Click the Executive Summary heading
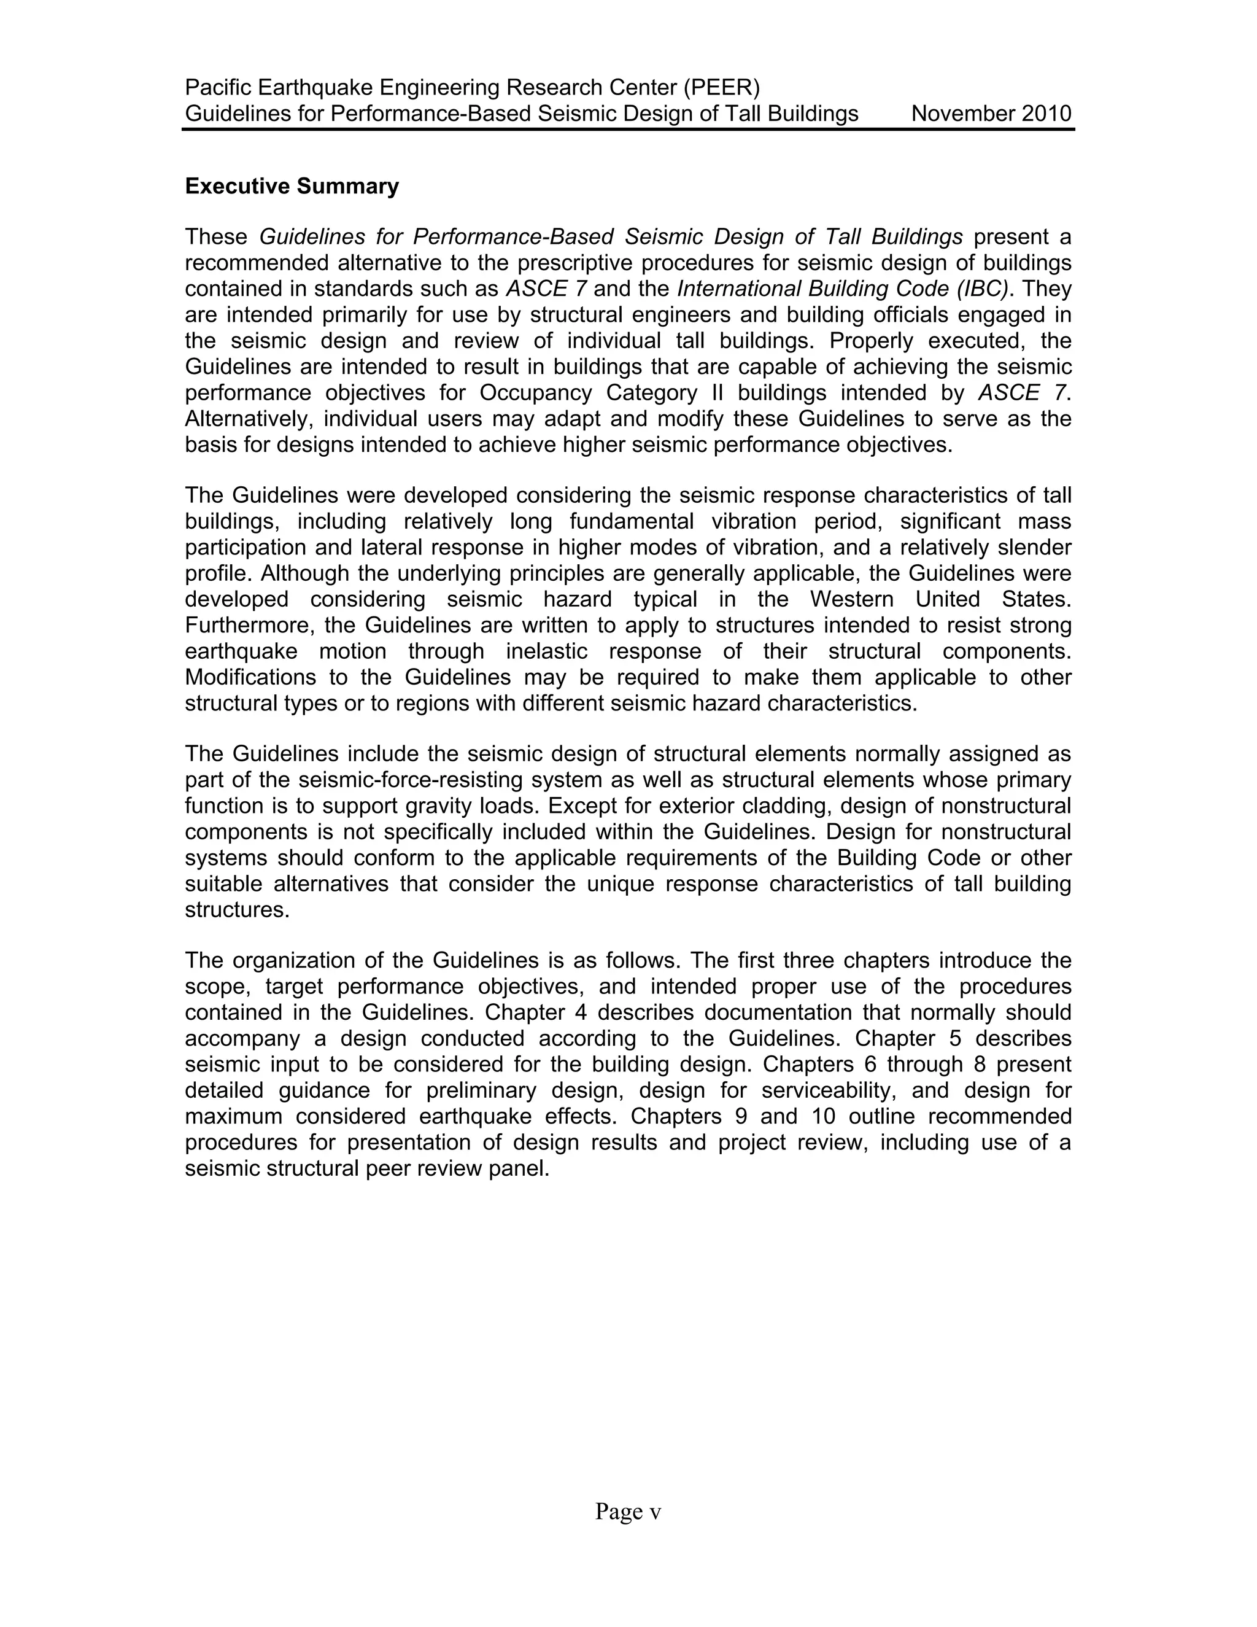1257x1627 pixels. point(292,186)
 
